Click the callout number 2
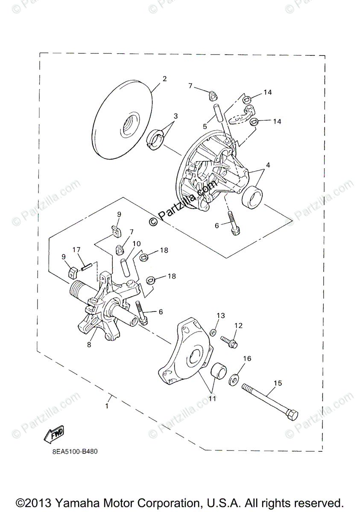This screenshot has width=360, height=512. point(164,79)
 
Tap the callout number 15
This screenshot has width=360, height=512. point(278,383)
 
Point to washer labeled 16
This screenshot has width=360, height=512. point(234,378)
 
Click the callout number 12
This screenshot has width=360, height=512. point(238,326)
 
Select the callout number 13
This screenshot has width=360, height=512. point(220,315)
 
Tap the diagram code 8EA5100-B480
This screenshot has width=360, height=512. point(70,451)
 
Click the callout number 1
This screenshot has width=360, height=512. point(107,406)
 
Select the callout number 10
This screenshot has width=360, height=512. point(136,244)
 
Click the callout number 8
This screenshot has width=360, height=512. point(89,345)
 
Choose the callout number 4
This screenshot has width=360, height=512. point(268,165)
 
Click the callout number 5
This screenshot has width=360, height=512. point(205,126)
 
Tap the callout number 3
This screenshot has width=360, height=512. point(175,116)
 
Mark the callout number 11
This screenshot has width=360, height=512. point(212,399)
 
